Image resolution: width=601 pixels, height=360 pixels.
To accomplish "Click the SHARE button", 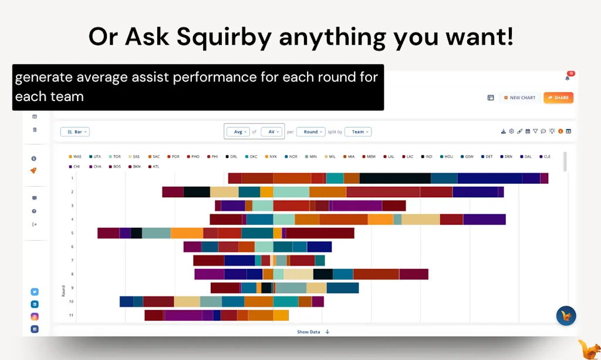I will click(558, 97).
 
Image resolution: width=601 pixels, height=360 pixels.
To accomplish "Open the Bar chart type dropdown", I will click(75, 132).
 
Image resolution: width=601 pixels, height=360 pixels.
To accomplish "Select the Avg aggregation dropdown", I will click(238, 132).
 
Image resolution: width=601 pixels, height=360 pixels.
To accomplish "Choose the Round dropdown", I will click(311, 132).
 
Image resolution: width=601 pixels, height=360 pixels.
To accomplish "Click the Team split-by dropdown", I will click(358, 132).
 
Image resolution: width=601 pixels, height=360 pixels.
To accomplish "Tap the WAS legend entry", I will click(75, 157).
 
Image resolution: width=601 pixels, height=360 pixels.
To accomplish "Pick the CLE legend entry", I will click(543, 157).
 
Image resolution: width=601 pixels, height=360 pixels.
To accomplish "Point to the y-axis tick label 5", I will click(72, 233).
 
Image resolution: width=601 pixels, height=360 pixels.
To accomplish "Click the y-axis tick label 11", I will click(71, 315).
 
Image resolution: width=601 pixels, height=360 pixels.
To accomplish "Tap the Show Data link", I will click(309, 332).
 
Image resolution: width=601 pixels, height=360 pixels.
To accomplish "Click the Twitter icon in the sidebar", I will click(35, 292).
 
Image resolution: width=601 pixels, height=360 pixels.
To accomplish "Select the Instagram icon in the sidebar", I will click(35, 317).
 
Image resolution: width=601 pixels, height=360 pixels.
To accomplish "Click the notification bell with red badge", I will click(568, 78).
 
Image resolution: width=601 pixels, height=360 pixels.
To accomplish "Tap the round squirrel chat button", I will click(566, 315).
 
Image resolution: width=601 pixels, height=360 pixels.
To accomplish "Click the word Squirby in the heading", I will click(224, 37).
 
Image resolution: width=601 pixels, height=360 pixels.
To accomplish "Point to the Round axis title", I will click(63, 290).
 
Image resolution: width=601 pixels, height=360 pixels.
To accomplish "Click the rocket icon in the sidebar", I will click(34, 171).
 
